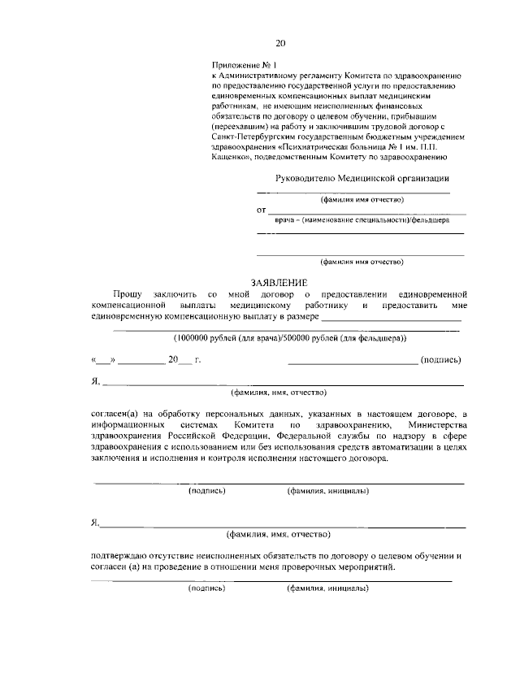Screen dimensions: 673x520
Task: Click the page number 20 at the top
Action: [280, 43]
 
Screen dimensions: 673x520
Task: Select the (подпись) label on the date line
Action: [441, 359]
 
